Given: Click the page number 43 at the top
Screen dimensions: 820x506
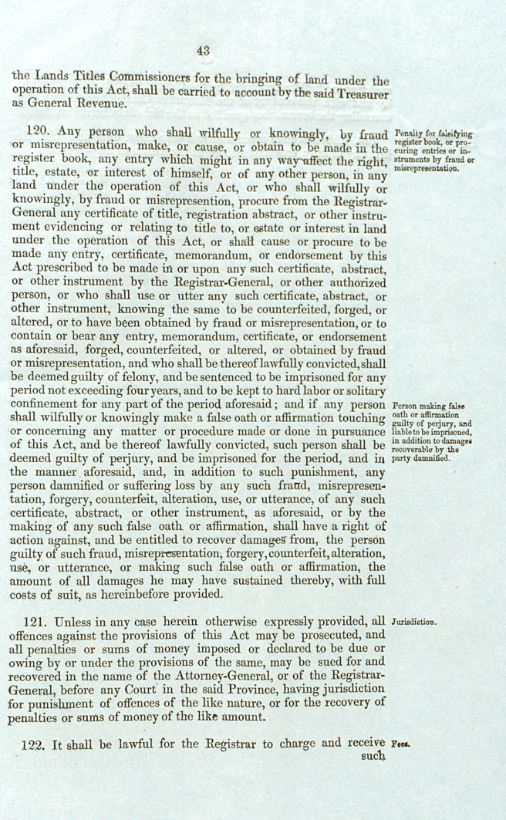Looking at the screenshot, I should point(203,51).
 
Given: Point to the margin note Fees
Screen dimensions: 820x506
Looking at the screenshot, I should point(400,744).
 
